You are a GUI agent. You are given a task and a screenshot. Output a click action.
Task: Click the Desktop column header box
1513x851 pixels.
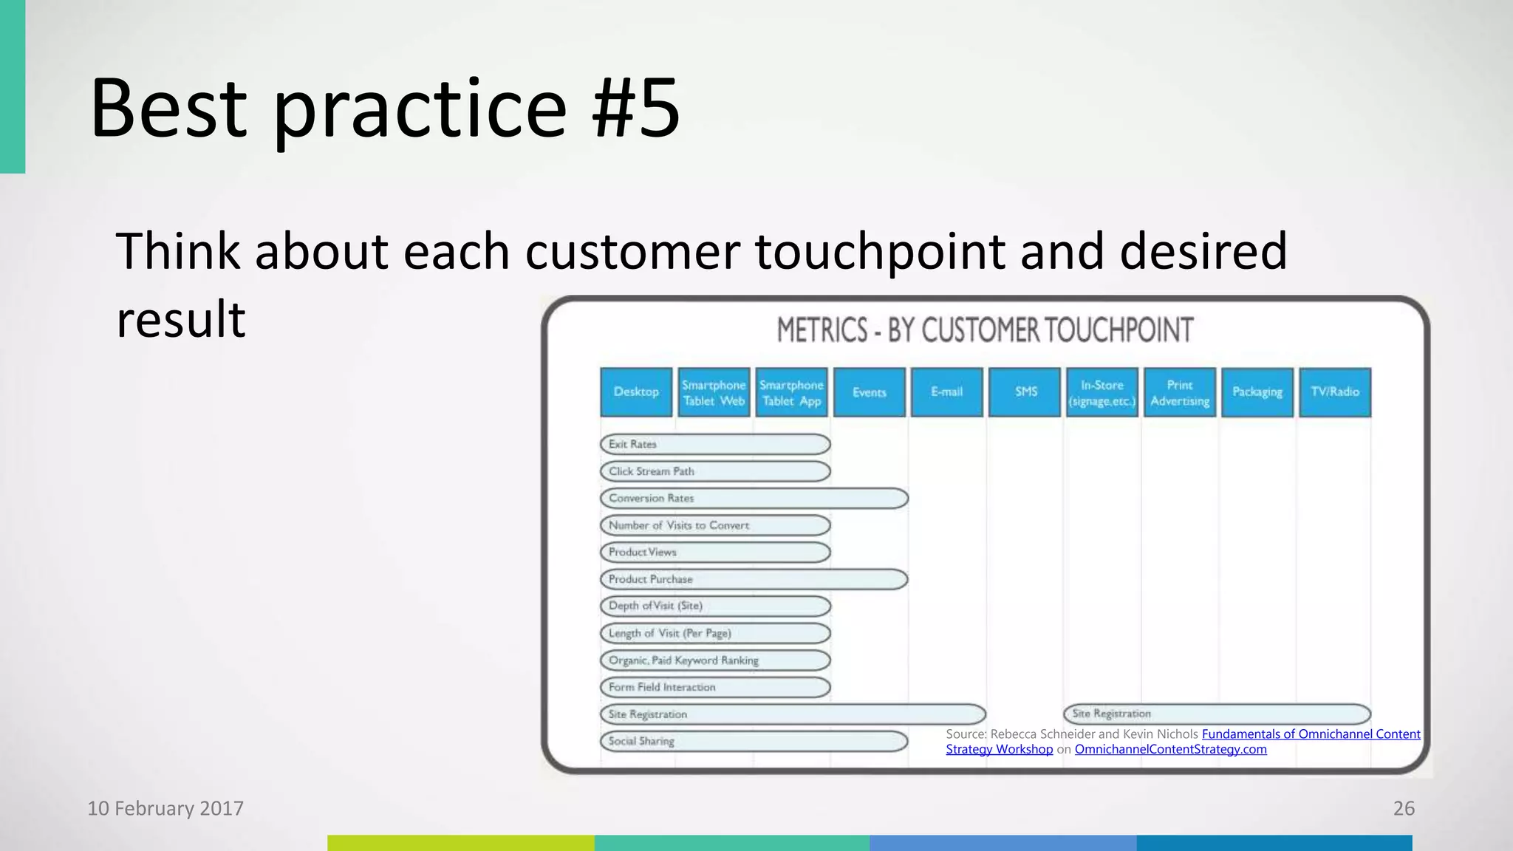pos(636,392)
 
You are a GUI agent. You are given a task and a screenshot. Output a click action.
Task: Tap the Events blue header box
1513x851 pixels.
pos(869,392)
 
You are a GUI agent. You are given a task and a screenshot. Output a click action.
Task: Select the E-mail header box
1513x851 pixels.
pos(946,392)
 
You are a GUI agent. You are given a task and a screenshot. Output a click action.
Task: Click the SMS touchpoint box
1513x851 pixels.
pos(1025,392)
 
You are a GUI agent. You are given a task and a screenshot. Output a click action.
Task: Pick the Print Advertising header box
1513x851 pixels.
pos(1180,392)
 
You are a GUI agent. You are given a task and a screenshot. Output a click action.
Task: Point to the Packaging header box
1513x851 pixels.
pos(1257,392)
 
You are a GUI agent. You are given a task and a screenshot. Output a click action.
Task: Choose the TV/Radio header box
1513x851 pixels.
pos(1335,392)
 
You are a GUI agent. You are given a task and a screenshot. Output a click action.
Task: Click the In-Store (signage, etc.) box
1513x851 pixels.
pos(1102,392)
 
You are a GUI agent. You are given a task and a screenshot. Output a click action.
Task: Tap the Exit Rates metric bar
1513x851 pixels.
pos(715,444)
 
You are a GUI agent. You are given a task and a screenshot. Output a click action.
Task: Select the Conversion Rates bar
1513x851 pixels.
pos(754,499)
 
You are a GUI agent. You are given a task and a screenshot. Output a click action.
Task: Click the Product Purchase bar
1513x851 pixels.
pos(754,579)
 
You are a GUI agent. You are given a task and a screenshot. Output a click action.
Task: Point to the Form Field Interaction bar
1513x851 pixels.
pos(715,687)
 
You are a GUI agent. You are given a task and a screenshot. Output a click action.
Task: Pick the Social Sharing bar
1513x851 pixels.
pos(754,741)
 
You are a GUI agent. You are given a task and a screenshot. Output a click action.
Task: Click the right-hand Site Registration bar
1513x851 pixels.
pos(1217,714)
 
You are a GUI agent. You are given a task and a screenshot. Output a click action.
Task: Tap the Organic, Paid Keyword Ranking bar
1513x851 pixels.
pos(715,660)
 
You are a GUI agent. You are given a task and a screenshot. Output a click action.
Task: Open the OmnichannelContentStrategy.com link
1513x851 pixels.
pos(1170,749)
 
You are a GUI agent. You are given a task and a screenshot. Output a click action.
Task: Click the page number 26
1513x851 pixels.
pos(1404,808)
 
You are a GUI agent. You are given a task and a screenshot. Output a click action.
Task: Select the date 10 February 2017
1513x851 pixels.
pos(165,808)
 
